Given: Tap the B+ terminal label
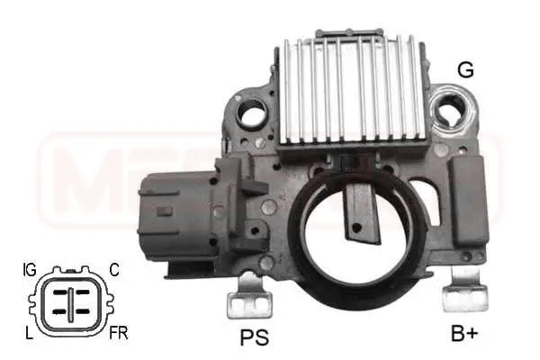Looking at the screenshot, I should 465,336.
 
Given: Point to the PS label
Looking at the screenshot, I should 254,339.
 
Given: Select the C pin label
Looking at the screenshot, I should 114,267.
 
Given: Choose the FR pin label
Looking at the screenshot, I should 118,333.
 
